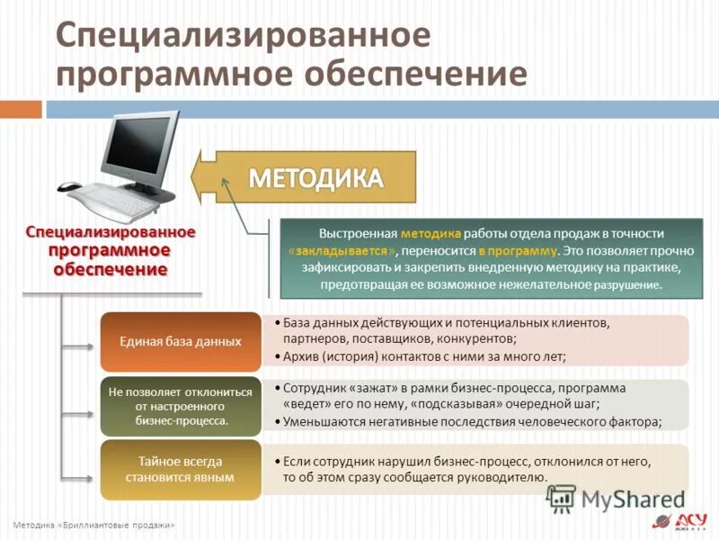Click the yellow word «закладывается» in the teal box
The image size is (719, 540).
coord(342,250)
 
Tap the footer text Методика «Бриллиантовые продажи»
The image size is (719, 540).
coord(93,525)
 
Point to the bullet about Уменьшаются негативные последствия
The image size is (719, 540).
coord(472,421)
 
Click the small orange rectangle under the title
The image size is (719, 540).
coord(21,109)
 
